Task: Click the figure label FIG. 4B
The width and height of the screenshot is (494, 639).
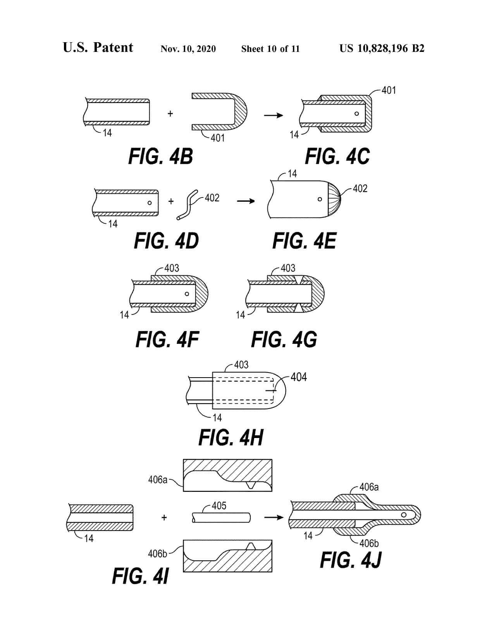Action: pyautogui.click(x=160, y=157)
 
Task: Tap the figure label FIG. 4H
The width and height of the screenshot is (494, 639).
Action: pyautogui.click(x=231, y=438)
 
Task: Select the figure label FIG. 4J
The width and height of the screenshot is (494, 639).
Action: pyautogui.click(x=351, y=560)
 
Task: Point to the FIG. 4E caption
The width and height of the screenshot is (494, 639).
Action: pyautogui.click(x=304, y=241)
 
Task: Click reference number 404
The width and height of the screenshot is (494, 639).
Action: pyautogui.click(x=298, y=377)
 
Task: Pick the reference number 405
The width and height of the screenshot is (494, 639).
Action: pyautogui.click(x=219, y=506)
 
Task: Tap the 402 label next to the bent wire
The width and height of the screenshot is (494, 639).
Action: pyautogui.click(x=212, y=198)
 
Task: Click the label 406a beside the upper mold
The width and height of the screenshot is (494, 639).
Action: pyautogui.click(x=158, y=480)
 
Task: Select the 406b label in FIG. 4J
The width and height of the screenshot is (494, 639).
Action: pyautogui.click(x=368, y=543)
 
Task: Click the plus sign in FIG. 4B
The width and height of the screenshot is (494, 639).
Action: pyautogui.click(x=170, y=114)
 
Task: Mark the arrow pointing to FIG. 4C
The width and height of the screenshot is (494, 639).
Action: pyautogui.click(x=274, y=115)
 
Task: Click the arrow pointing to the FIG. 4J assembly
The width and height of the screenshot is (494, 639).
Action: pyautogui.click(x=274, y=517)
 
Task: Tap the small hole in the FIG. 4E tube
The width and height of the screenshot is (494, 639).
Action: pyautogui.click(x=320, y=199)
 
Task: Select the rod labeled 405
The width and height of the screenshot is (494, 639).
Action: pyautogui.click(x=221, y=518)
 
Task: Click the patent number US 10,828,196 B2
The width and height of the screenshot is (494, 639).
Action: pyautogui.click(x=382, y=48)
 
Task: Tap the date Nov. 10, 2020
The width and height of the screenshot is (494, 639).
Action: pyautogui.click(x=188, y=49)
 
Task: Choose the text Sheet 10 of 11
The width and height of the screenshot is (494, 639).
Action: pyautogui.click(x=270, y=49)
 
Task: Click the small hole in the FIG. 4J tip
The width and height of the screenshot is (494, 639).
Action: pyautogui.click(x=404, y=515)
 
